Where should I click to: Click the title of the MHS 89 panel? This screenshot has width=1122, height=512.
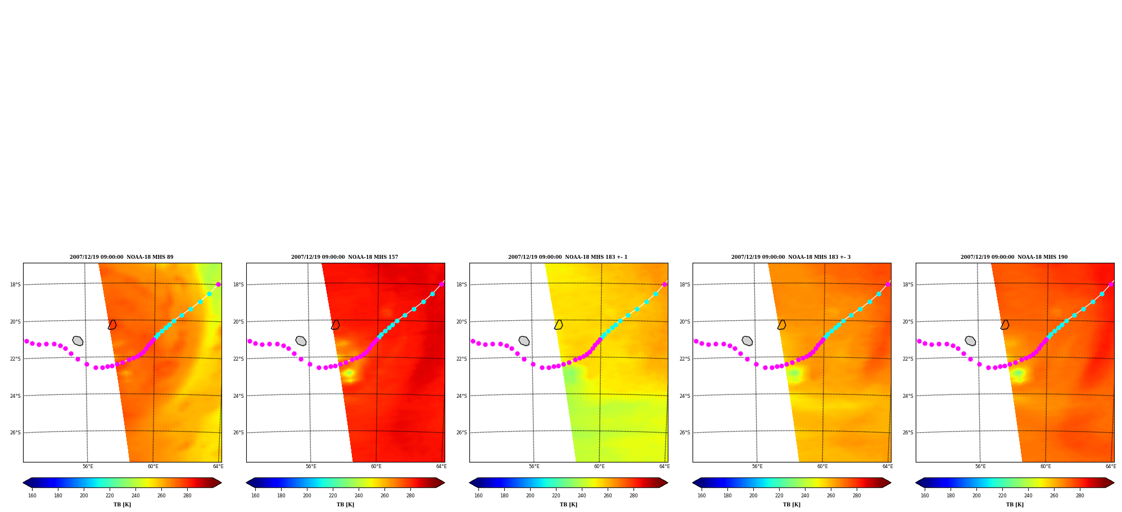[x=121, y=257]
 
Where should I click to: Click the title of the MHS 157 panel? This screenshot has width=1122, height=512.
[x=345, y=257]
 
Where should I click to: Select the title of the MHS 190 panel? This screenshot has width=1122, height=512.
[x=1014, y=257]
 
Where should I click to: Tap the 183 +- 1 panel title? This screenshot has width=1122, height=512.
[x=568, y=257]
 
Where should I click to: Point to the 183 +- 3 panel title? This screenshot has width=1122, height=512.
[x=791, y=257]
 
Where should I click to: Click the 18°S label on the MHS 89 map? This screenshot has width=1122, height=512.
[x=15, y=285]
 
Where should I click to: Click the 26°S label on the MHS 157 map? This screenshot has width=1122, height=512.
[x=238, y=433]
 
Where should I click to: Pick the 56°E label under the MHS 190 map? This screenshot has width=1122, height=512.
[x=980, y=466]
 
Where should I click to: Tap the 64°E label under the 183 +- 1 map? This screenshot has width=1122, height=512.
[x=664, y=466]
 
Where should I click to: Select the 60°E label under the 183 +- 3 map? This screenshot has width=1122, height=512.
[x=822, y=466]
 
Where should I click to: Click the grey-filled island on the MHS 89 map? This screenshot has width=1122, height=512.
[x=78, y=341]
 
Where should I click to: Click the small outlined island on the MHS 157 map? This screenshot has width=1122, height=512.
[x=336, y=325]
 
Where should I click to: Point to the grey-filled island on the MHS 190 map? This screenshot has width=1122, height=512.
[x=970, y=341]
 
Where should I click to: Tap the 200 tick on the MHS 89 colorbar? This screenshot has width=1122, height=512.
[x=84, y=496]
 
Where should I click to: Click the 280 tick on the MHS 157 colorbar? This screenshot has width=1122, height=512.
[x=410, y=496]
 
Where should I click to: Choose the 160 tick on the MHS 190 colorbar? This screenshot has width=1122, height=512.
[x=925, y=496]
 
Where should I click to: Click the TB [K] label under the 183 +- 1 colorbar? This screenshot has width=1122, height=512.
[x=568, y=505]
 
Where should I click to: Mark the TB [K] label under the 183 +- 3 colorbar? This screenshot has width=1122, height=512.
[x=791, y=505]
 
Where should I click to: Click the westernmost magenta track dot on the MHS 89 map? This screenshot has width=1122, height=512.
[x=26, y=341]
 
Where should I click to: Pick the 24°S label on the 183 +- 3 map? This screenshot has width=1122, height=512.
[x=685, y=396]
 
